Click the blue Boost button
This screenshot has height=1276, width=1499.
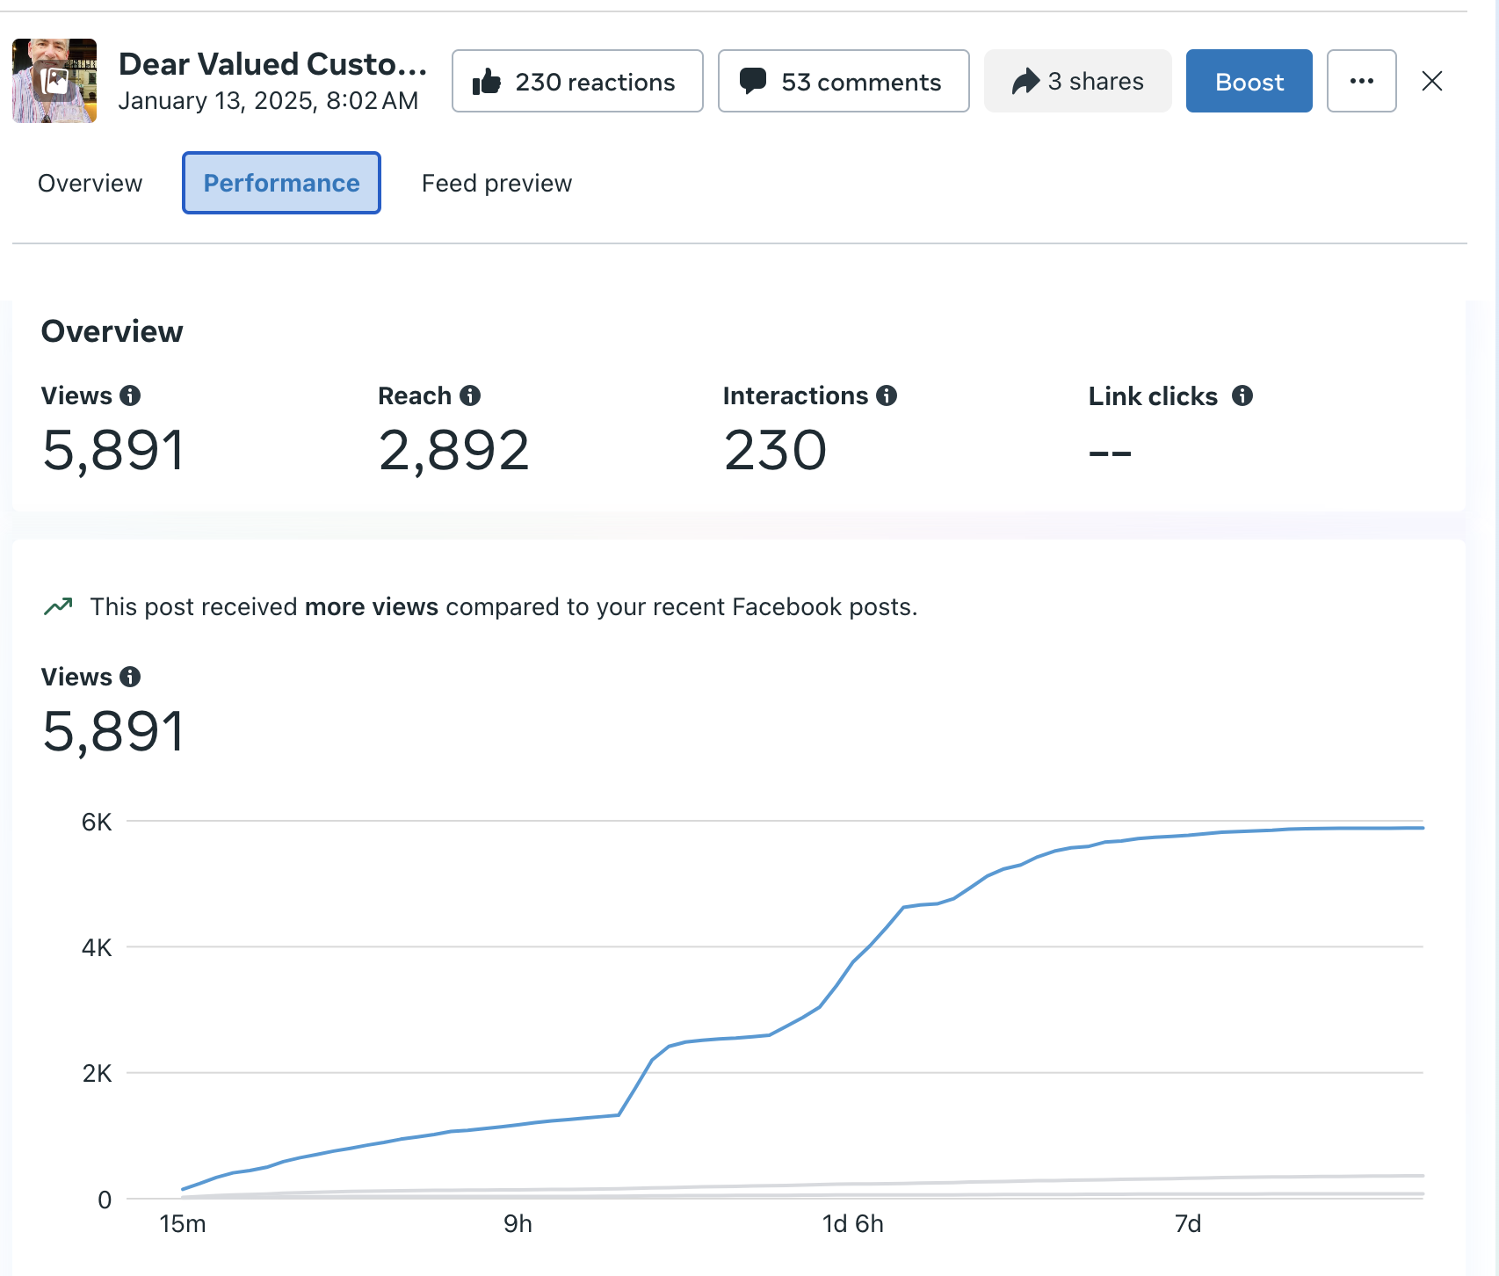[x=1249, y=82]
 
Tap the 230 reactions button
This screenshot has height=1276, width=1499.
[x=577, y=82]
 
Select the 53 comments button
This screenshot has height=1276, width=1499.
[x=844, y=82]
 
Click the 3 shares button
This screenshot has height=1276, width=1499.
[x=1077, y=82]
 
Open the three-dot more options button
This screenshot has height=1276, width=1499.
[x=1361, y=82]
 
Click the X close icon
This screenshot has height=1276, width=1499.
[x=1432, y=82]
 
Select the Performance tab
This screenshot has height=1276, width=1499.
[x=281, y=183]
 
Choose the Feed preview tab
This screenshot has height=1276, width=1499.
[x=496, y=183]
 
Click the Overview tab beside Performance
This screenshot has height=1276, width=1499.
[x=90, y=183]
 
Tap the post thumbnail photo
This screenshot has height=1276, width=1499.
[x=54, y=81]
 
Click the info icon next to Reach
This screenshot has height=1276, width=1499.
[x=471, y=395]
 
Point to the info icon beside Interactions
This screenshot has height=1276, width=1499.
[x=887, y=395]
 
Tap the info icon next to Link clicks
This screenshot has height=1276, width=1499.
[x=1242, y=395]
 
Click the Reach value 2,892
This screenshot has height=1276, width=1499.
[x=453, y=451]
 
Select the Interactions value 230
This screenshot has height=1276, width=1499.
[x=775, y=451]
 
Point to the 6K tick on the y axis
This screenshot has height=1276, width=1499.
[x=97, y=823]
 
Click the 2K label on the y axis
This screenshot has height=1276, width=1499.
[x=97, y=1073]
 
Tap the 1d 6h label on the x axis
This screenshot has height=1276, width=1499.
[x=852, y=1224]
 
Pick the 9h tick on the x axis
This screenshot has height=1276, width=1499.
[x=518, y=1224]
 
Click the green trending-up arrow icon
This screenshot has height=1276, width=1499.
[x=58, y=606]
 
